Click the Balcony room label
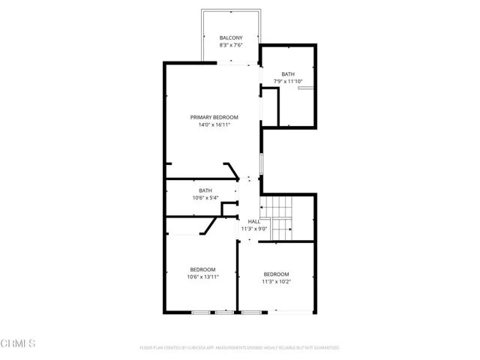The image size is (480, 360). click(230, 37)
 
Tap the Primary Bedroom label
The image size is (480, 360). click(214, 117)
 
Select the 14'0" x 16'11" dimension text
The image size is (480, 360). click(214, 125)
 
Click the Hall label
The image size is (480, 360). click(253, 221)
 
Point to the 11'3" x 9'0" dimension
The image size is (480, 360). click(253, 229)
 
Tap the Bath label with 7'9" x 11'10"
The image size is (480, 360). click(288, 73)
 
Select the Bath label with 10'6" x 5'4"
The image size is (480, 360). click(205, 190)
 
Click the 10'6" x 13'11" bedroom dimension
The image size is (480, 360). click(202, 277)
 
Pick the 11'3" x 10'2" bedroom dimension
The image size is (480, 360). click(275, 282)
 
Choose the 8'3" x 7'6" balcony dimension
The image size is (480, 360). click(230, 45)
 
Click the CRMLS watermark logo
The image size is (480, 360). click(18, 344)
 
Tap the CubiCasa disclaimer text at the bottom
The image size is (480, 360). click(239, 348)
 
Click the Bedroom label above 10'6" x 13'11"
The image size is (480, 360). click(202, 269)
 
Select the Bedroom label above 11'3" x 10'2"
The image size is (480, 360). click(275, 274)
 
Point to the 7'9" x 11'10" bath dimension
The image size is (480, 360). click(288, 81)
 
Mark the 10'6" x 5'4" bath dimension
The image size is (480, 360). click(205, 198)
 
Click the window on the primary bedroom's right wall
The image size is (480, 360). click(261, 163)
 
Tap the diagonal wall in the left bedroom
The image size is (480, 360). click(208, 226)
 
